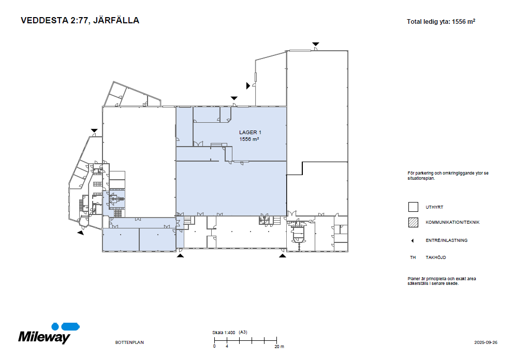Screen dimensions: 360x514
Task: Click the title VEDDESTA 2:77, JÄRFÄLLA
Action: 80,21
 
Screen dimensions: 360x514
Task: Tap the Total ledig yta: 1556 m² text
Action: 441,22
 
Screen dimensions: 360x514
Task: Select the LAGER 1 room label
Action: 250,133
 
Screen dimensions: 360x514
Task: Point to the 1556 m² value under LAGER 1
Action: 249,139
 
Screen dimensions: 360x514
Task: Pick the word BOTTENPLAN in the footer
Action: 129,342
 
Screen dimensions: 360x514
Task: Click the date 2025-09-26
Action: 486,342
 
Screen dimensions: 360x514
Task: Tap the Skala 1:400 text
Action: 224,332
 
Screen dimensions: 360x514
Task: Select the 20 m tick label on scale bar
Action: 279,347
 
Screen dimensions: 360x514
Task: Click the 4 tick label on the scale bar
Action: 227,347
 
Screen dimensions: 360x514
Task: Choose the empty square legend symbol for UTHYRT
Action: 413,207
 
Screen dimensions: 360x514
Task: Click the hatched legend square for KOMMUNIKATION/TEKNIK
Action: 413,223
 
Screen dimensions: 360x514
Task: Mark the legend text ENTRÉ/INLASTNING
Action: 446,240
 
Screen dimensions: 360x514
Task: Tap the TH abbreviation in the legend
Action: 413,257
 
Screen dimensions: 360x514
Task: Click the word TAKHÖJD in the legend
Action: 436,257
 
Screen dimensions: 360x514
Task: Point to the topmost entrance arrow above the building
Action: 315,44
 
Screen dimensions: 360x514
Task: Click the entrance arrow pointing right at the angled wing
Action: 248,85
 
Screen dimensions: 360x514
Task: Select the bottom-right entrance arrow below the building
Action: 283,255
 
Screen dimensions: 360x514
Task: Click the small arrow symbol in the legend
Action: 413,240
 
